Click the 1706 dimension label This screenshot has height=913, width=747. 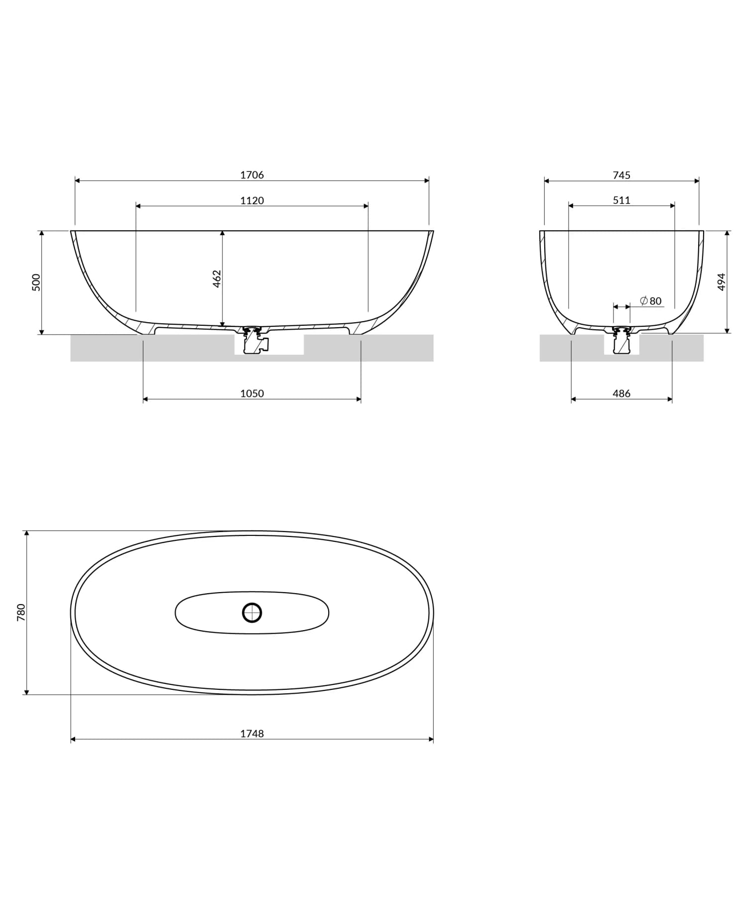(252, 175)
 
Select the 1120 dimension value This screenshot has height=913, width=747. (252, 200)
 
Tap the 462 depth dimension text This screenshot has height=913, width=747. (217, 279)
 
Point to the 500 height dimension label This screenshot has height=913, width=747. (36, 282)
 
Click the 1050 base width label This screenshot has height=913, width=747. (252, 393)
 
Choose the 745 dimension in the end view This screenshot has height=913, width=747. (622, 175)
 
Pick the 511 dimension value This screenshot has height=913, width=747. (622, 200)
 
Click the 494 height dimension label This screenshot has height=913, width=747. (722, 282)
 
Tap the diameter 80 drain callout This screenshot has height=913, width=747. (651, 301)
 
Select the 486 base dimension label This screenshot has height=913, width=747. (622, 393)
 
